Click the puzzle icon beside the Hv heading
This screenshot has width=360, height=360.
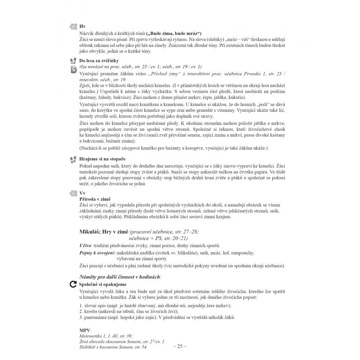73,27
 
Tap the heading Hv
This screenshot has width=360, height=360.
83,27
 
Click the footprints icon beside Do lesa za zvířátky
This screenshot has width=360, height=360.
73,61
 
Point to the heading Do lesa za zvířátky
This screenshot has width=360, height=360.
100,61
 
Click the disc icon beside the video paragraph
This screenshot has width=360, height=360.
74,69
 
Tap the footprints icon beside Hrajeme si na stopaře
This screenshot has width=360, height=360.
73,159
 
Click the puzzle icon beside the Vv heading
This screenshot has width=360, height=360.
73,193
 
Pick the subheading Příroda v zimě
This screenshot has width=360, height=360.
95,199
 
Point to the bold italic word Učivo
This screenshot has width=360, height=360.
86,245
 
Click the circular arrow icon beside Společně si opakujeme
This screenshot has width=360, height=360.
73,284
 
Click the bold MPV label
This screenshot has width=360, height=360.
85,330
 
